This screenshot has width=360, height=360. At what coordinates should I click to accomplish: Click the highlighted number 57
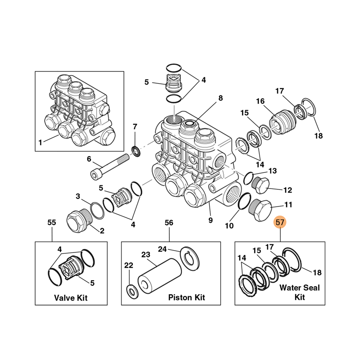(280, 222)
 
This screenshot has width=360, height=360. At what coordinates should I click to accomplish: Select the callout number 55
(52, 222)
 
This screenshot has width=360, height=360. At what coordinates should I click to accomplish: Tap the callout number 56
(169, 222)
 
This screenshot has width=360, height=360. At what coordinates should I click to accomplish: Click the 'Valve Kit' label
(71, 297)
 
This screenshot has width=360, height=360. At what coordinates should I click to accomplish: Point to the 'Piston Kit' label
(186, 297)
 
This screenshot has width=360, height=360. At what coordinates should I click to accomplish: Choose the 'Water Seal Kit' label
(300, 292)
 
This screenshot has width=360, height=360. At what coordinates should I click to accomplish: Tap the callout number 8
(220, 98)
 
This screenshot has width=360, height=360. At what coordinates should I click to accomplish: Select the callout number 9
(210, 220)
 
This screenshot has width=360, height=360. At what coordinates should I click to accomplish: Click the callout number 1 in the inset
(40, 143)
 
